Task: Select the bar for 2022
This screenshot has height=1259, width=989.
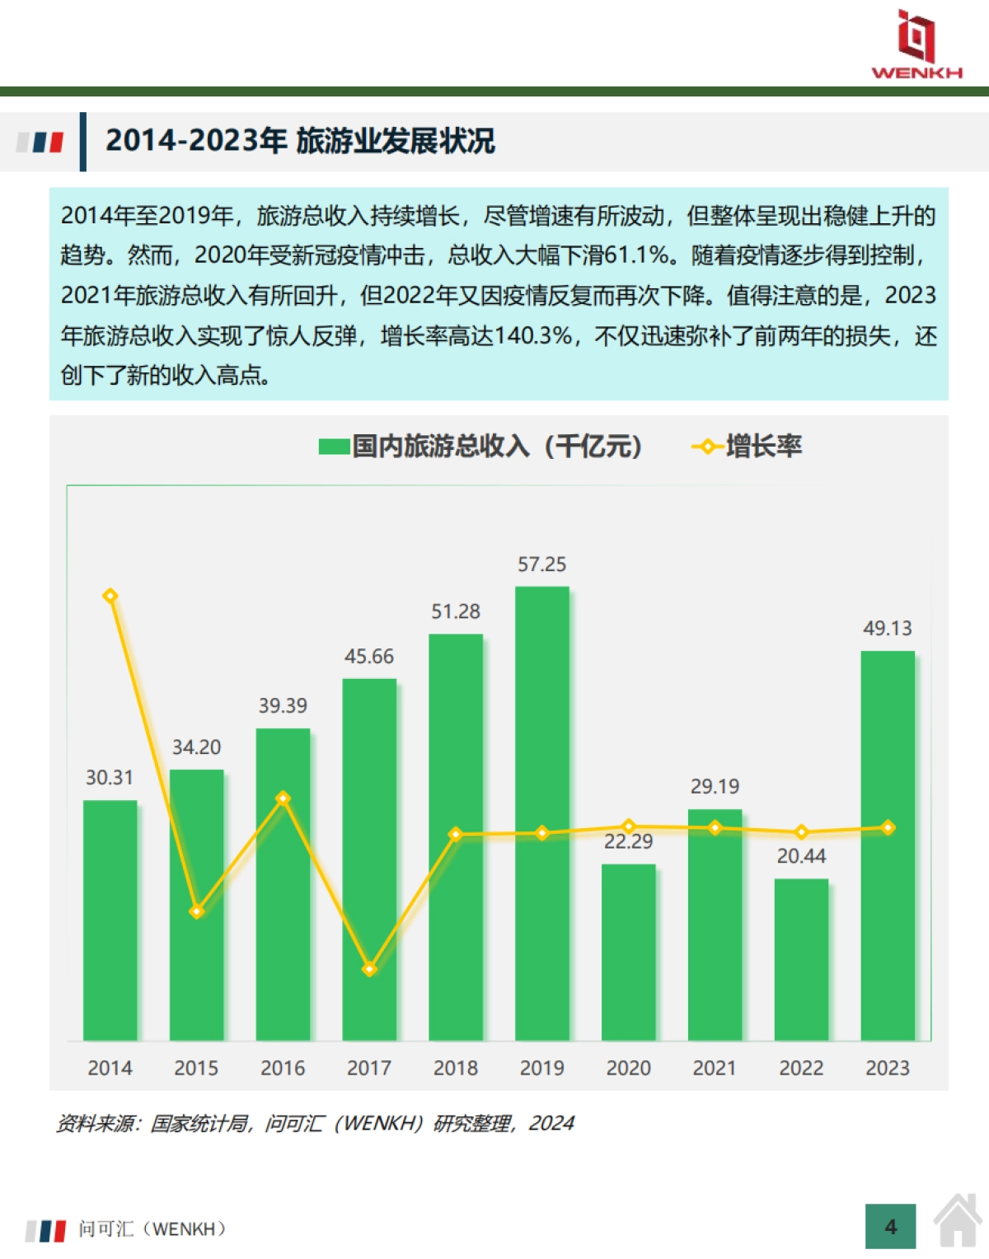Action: [x=801, y=959]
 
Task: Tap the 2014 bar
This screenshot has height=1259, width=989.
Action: [x=110, y=920]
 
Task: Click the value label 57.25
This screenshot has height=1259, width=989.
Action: [x=541, y=564]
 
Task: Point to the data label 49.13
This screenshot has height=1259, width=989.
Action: [x=887, y=629]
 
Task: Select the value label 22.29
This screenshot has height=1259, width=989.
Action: [x=628, y=842]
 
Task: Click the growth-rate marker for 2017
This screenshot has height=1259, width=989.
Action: [x=369, y=969]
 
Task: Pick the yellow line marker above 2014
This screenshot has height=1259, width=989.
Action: [x=110, y=596]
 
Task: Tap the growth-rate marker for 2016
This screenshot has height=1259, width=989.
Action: [x=283, y=798]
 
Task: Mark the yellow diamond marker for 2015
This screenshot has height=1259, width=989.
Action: [x=196, y=911]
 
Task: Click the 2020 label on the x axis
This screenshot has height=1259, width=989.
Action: [x=628, y=1068]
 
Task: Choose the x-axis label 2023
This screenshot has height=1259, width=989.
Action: [x=887, y=1068]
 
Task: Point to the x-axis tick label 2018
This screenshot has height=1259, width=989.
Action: [x=455, y=1068]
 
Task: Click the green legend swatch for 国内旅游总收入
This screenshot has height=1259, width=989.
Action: [x=334, y=447]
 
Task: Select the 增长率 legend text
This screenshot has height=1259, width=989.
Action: [x=763, y=447]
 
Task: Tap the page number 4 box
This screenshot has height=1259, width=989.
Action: [x=890, y=1227]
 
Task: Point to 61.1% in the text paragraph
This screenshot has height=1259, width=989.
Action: [x=636, y=255]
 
